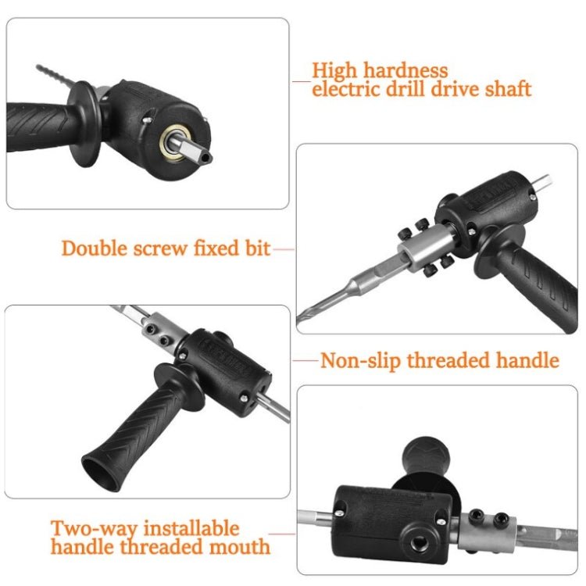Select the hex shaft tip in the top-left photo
pos(200,155)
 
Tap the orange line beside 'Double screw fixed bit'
pos(283,250)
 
